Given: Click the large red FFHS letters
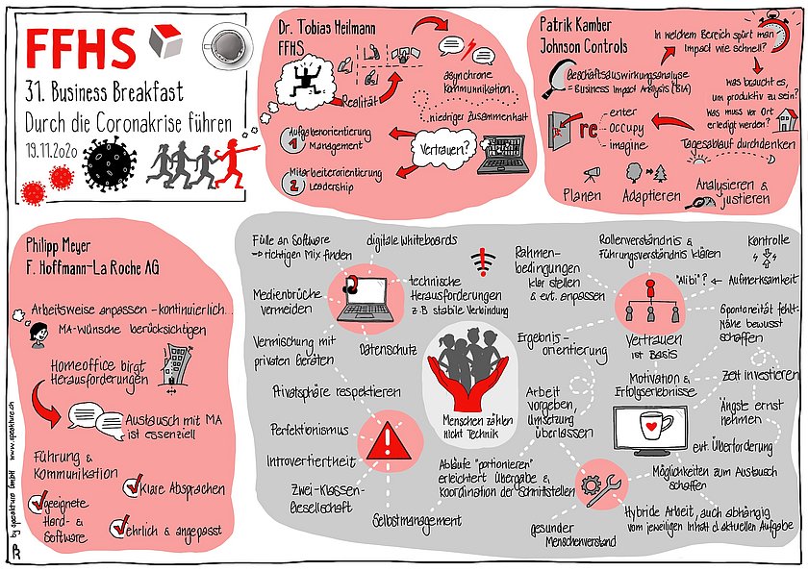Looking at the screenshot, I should [82, 46].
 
